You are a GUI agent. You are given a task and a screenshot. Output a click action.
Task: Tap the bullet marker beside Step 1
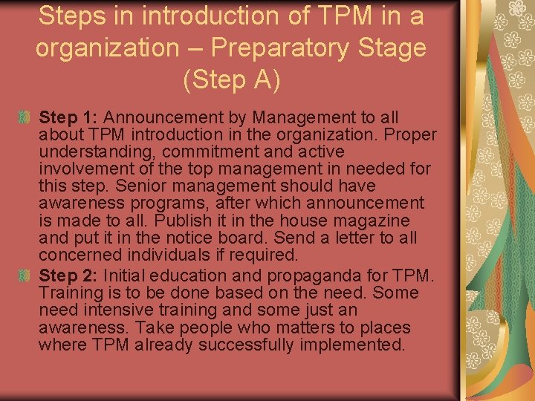coord(24,117)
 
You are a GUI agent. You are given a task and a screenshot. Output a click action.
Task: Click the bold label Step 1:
coord(70,117)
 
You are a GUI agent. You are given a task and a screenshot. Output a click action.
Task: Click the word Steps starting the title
coord(71,15)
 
